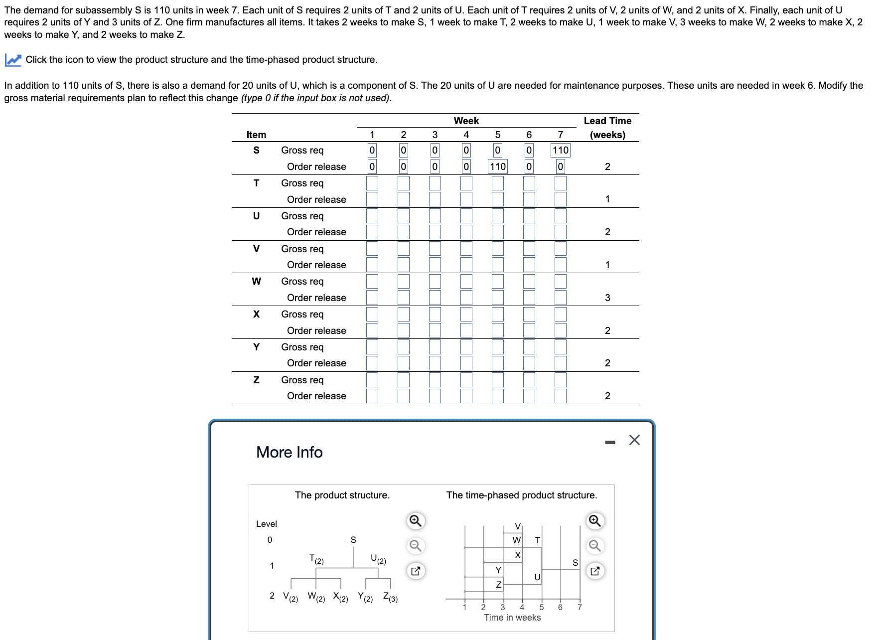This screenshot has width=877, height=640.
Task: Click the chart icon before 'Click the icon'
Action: [13, 60]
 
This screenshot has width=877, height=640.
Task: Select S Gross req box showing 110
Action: [560, 150]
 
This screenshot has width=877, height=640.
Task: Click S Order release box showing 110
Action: [497, 166]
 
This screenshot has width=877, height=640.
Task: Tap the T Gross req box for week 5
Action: [497, 183]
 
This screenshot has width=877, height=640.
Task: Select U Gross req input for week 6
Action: [529, 216]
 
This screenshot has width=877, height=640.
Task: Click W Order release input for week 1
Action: [372, 298]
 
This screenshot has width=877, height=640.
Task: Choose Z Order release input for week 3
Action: [435, 396]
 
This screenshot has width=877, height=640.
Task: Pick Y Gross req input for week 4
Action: [466, 347]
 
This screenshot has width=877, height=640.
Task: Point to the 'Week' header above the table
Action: [466, 121]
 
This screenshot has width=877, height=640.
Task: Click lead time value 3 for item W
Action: [607, 298]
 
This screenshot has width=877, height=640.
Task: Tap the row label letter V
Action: [256, 249]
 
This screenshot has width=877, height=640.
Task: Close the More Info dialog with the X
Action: [634, 440]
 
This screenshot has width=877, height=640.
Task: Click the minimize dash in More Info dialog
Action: [610, 442]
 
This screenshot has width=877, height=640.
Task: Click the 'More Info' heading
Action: [289, 452]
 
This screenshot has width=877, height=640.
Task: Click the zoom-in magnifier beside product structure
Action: [415, 521]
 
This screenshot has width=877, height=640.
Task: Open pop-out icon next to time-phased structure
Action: [594, 571]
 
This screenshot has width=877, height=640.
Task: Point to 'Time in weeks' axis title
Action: [512, 618]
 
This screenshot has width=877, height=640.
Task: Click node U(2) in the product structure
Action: [378, 559]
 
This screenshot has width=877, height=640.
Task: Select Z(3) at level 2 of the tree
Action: [390, 597]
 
